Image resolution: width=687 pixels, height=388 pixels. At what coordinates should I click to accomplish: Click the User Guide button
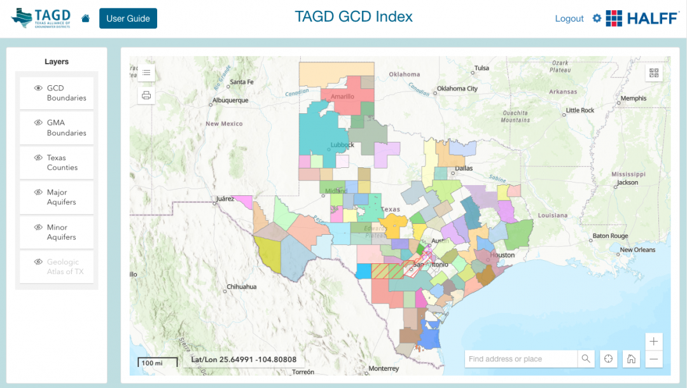pos(128,18)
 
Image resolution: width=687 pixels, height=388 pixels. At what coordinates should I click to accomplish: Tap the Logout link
pos(569,18)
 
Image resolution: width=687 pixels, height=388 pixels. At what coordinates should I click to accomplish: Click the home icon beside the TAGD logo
pos(86,18)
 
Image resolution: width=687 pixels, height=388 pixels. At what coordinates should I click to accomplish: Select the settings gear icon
pos(597,18)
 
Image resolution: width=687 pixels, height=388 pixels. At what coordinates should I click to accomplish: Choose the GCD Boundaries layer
pos(57,94)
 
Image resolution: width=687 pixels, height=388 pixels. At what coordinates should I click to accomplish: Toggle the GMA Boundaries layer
pos(57,128)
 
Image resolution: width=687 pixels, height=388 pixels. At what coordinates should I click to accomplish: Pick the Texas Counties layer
pos(57,163)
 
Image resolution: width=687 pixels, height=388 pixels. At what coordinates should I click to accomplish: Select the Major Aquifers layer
pos(57,197)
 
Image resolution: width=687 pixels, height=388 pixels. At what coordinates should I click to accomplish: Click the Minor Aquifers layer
pos(57,232)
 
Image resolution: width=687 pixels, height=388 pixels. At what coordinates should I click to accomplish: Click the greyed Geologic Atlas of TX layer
pos(57,267)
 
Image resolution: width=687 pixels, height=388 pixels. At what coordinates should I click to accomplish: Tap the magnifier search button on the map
pos(586,359)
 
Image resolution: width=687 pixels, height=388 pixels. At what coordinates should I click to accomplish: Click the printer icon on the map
pos(146,95)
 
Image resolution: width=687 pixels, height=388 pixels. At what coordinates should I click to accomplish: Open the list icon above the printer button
pos(146,73)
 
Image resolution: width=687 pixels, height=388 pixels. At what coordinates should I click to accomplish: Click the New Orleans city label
pos(637,250)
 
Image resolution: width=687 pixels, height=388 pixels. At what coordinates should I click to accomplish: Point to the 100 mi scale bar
pos(153,363)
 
